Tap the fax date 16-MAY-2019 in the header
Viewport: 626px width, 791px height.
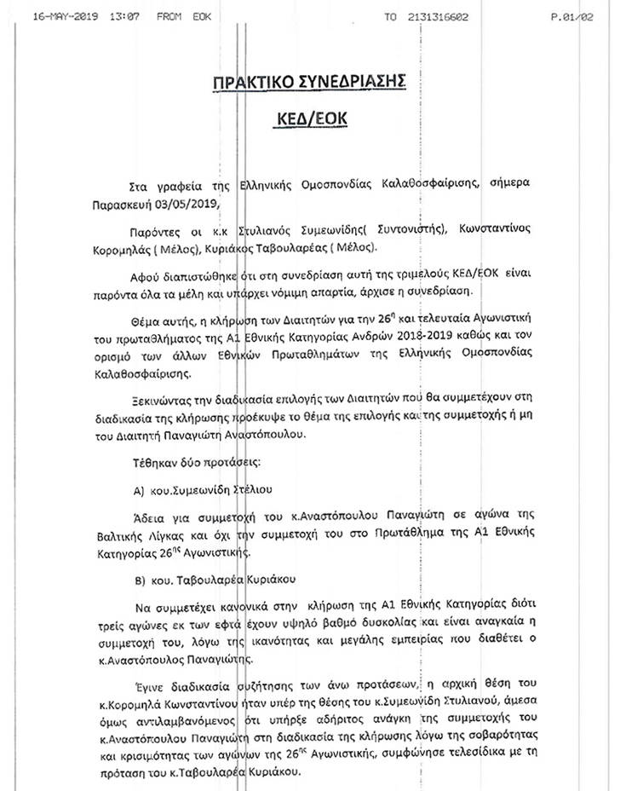click(x=66, y=16)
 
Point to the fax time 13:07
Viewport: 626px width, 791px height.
click(x=124, y=16)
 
